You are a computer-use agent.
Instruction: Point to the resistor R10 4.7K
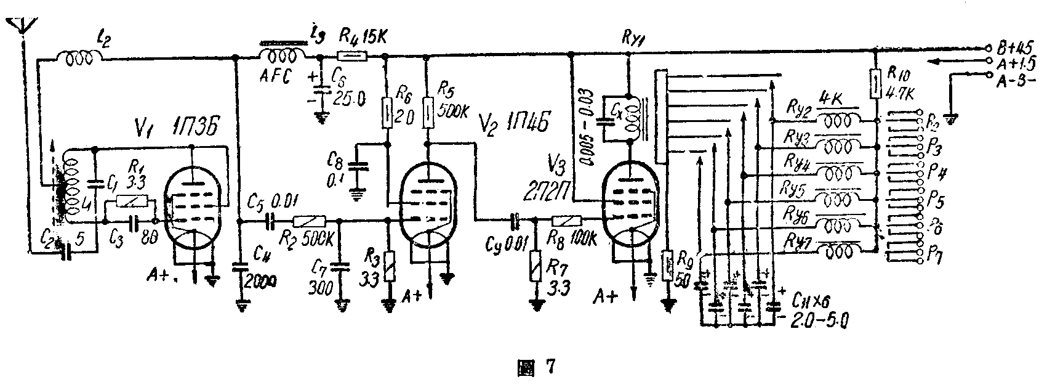click(x=876, y=84)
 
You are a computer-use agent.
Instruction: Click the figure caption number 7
click(x=550, y=368)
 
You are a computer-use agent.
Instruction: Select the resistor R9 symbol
click(x=667, y=265)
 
